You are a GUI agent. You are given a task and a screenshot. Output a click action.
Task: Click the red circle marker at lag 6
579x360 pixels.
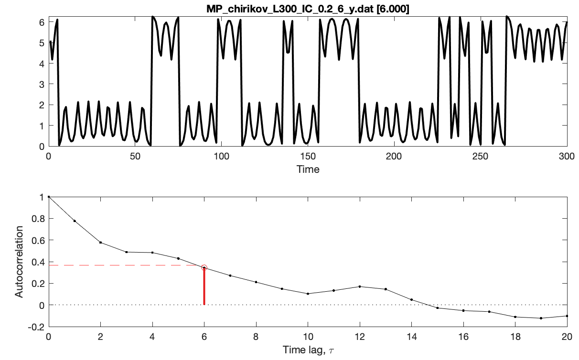(x=204, y=268)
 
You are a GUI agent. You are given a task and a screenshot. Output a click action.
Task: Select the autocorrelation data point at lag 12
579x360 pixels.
(x=360, y=286)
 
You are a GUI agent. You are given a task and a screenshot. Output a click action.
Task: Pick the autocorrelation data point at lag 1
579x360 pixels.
(x=75, y=221)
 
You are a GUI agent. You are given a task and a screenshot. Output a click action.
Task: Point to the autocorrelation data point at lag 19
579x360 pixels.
(x=541, y=318)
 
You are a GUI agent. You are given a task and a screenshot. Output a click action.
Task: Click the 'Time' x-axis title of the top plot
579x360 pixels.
(x=308, y=169)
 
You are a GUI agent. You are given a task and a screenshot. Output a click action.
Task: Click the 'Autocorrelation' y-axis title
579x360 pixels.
(x=19, y=262)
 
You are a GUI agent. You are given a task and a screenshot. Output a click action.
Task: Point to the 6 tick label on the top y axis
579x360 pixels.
(x=42, y=22)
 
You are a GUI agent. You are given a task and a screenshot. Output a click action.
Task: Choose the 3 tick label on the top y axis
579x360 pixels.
(x=42, y=84)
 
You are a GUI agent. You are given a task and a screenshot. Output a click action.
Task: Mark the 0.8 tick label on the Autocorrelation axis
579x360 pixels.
(x=38, y=219)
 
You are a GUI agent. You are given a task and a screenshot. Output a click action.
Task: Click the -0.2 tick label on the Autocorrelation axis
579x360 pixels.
(x=36, y=327)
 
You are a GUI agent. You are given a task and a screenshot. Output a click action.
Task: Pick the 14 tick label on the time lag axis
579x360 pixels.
(x=411, y=337)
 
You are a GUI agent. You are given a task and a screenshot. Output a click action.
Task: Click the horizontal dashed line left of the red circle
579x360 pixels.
(x=124, y=265)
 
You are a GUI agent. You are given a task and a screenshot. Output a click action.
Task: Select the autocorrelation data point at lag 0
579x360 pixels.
(x=49, y=197)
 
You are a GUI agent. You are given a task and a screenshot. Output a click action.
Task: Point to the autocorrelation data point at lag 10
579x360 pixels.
(x=308, y=294)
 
